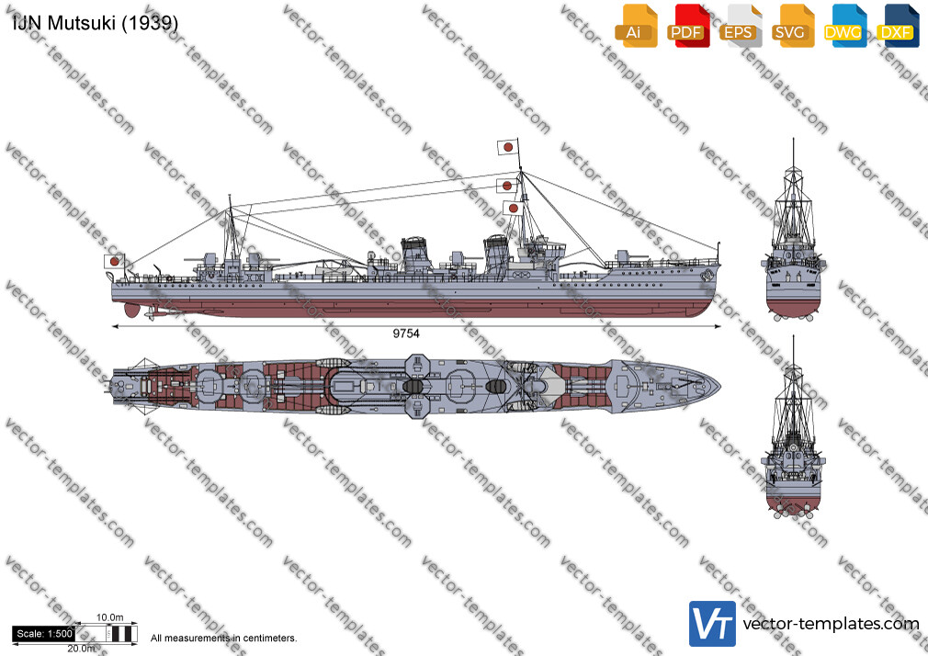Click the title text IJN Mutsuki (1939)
click(95, 22)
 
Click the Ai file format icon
click(636, 26)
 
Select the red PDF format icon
click(688, 26)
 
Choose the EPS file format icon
click(741, 26)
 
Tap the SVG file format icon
click(792, 26)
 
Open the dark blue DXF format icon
click(898, 26)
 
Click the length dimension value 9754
click(406, 334)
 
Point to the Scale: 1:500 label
click(44, 634)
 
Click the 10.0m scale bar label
click(110, 617)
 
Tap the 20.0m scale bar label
click(81, 649)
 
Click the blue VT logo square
click(712, 624)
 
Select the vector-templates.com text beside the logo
click(831, 624)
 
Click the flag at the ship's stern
click(114, 261)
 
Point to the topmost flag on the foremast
click(508, 147)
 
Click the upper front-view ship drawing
click(793, 237)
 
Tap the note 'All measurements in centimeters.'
click(223, 639)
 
